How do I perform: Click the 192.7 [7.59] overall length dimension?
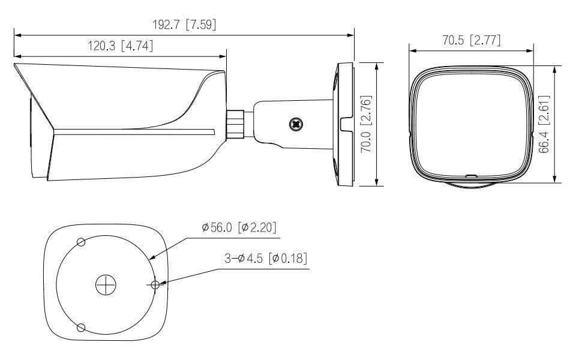[185, 25]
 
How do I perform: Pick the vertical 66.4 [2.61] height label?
[544, 124]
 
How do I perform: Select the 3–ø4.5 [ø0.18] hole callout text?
[266, 259]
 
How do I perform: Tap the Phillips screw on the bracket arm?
[295, 124]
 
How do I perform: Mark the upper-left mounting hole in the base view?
[81, 241]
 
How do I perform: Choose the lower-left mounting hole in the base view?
[81, 328]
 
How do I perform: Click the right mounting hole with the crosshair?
[155, 285]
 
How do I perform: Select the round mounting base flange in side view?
[343, 124]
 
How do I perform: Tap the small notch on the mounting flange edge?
[346, 124]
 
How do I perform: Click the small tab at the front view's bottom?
[470, 176]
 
